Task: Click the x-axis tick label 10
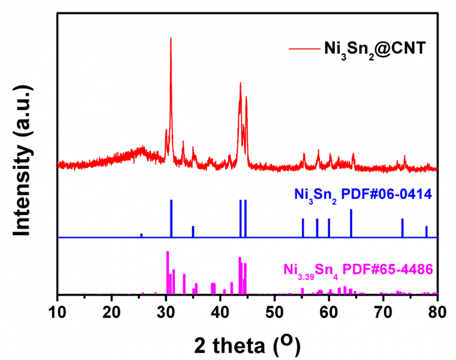[x=58, y=310]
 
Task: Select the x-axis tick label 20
[x=112, y=310]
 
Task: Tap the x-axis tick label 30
[x=166, y=310]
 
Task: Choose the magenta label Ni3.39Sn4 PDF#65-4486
[x=359, y=269]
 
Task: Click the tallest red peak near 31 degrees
[x=171, y=40]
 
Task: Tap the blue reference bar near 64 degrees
[x=351, y=223]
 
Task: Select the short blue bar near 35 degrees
[x=193, y=232]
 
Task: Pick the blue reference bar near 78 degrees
[x=426, y=232]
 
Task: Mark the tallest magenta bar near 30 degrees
[x=168, y=273]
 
